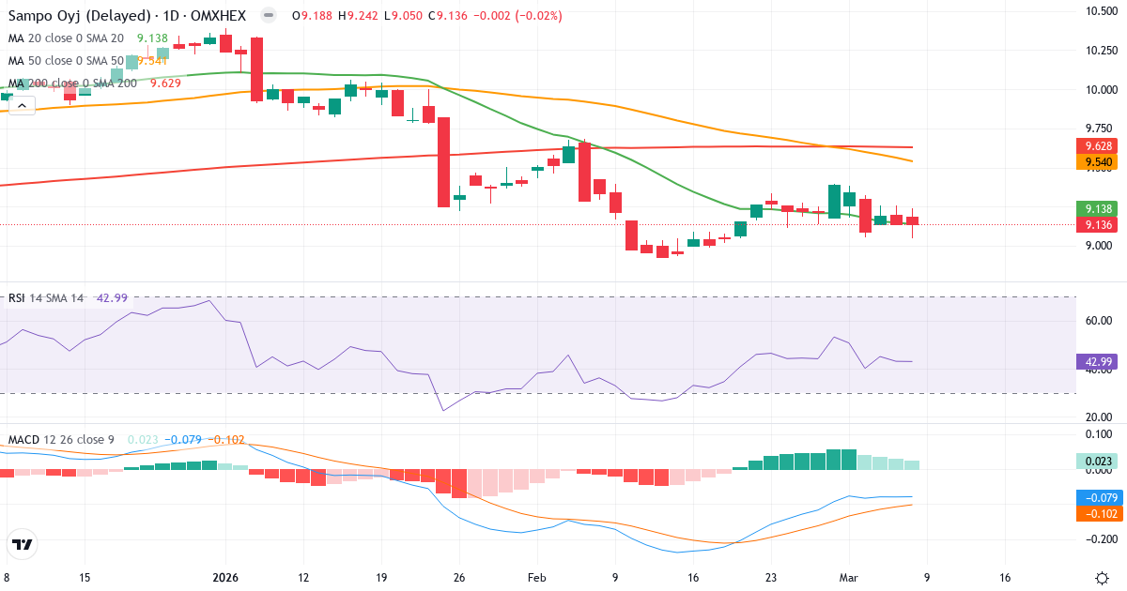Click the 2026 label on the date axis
click(x=226, y=578)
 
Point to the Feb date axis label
click(x=536, y=578)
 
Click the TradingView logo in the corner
click(x=23, y=544)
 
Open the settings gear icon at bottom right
click(x=1102, y=578)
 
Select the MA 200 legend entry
click(x=72, y=83)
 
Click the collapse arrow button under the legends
click(x=22, y=105)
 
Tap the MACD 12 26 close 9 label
click(x=61, y=439)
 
